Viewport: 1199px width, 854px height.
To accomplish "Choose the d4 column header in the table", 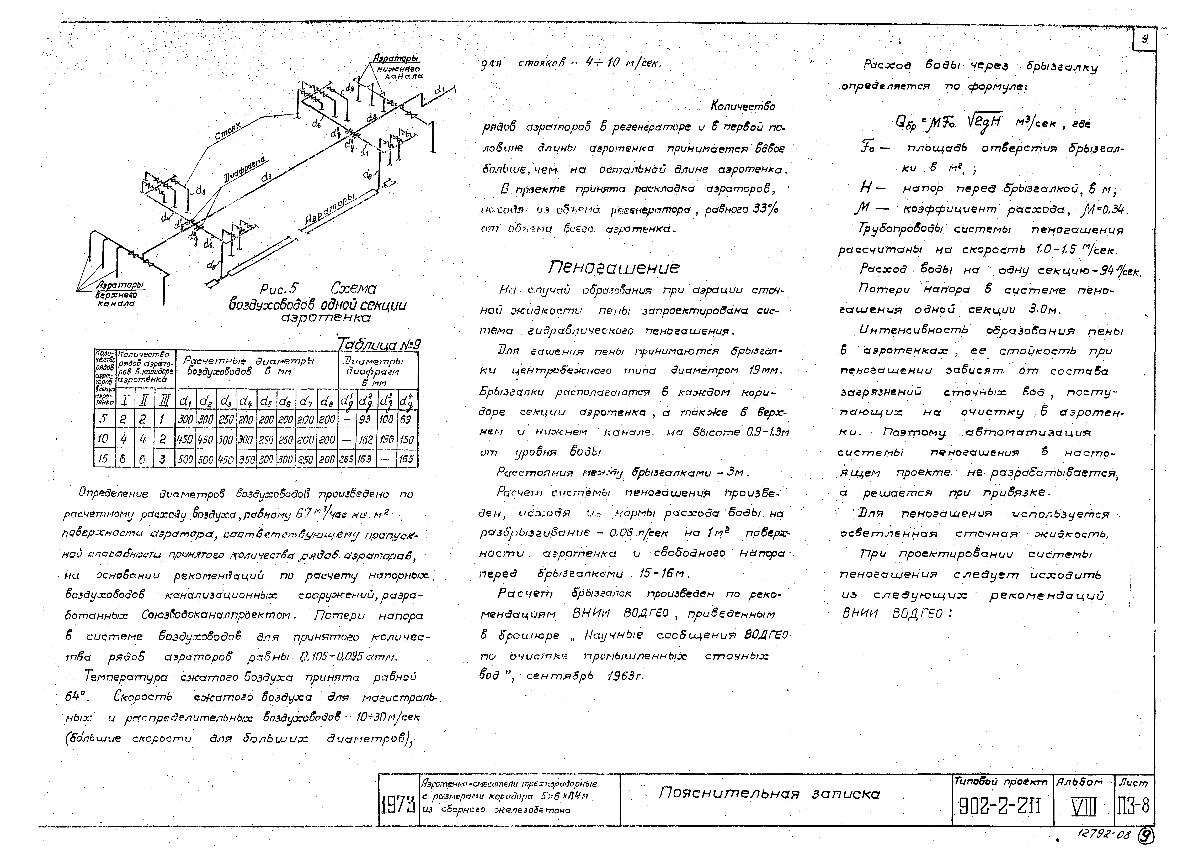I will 245,402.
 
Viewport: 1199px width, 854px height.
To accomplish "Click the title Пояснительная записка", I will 769,794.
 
